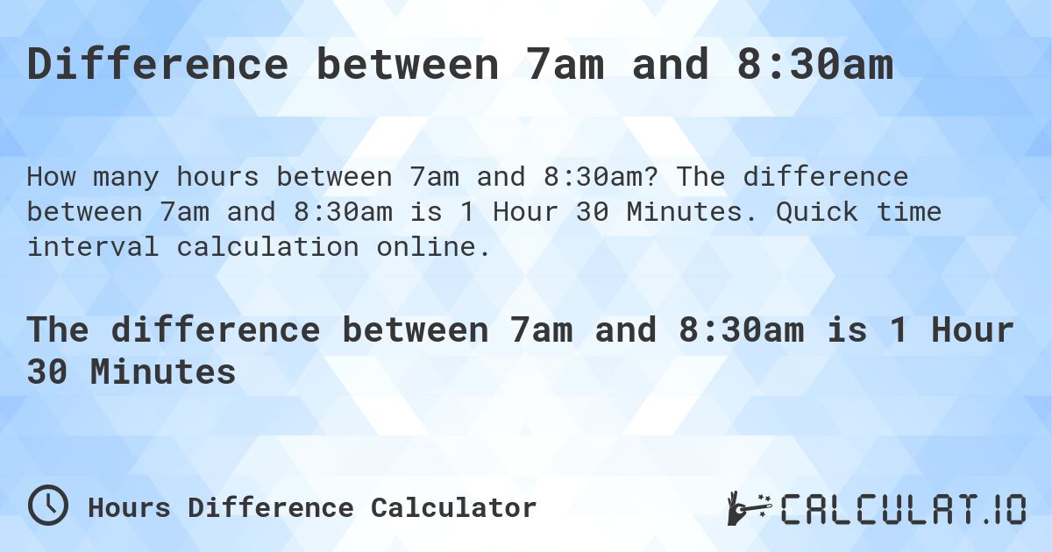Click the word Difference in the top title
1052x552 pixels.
(x=158, y=66)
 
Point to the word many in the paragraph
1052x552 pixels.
(x=126, y=177)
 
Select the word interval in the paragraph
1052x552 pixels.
(x=93, y=247)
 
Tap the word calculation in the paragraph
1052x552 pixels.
(x=267, y=247)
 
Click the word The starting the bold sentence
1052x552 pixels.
(x=58, y=330)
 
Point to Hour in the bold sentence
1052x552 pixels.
(x=972, y=330)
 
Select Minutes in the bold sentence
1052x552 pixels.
(x=163, y=372)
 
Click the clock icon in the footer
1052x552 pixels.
(x=48, y=506)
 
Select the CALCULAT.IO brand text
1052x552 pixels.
(x=903, y=508)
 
